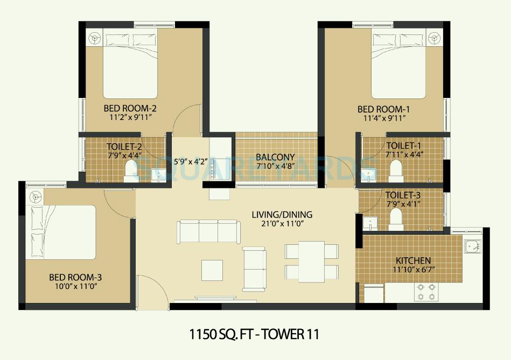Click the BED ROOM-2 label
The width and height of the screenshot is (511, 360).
[x=130, y=109]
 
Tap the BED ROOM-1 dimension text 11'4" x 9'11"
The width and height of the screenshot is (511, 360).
[x=381, y=118]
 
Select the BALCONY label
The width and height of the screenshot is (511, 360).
[x=275, y=157]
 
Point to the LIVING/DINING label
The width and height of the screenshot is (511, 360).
[x=282, y=215]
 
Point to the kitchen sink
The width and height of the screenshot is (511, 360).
[x=472, y=246]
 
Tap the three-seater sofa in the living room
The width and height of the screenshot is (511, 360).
[x=208, y=231]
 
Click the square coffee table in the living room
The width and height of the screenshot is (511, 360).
[x=212, y=269]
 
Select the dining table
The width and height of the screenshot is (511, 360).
[x=312, y=260]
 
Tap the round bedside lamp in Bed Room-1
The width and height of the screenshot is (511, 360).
[x=434, y=38]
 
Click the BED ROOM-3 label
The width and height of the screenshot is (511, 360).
[x=75, y=277]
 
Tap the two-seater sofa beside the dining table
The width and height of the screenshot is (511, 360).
[x=254, y=269]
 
